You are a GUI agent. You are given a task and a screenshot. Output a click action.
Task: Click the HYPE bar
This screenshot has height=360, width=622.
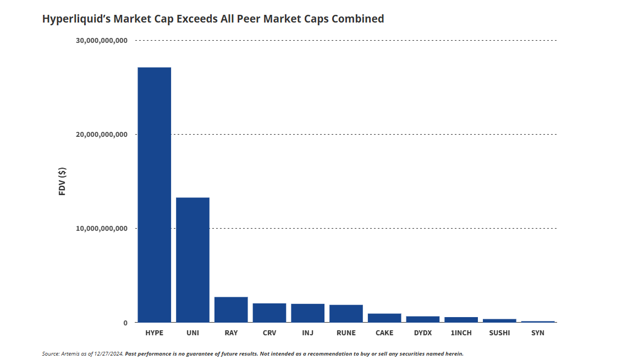click(x=154, y=195)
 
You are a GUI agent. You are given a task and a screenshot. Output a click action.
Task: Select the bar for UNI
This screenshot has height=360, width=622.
click(x=192, y=259)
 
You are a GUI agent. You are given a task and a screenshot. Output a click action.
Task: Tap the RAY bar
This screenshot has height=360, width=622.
click(x=231, y=309)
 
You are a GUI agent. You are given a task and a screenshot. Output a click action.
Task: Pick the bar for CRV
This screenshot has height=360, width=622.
click(x=269, y=313)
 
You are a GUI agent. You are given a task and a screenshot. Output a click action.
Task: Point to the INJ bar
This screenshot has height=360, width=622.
click(x=307, y=313)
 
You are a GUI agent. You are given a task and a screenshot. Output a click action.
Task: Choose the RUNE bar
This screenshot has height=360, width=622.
click(x=346, y=313)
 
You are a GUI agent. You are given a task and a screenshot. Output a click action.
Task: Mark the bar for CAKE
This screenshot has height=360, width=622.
click(x=384, y=318)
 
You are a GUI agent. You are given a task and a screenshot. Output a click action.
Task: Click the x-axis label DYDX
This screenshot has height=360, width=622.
click(x=423, y=333)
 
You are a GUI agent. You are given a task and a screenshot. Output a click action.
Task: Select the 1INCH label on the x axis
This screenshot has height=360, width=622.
click(x=461, y=333)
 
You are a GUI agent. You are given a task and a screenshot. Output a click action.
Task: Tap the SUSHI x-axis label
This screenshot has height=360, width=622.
click(x=499, y=333)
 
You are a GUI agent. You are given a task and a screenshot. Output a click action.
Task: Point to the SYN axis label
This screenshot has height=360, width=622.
click(x=538, y=333)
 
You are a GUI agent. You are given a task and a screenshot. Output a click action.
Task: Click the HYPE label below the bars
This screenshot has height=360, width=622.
click(x=154, y=333)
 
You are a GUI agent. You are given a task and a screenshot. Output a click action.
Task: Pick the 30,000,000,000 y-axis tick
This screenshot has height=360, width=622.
click(x=102, y=41)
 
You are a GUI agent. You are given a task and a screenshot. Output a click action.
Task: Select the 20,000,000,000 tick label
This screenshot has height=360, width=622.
click(x=102, y=135)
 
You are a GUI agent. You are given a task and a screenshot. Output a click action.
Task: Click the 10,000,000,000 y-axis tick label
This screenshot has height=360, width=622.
click(x=102, y=229)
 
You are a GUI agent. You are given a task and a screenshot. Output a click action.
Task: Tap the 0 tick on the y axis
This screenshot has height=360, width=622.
click(x=125, y=323)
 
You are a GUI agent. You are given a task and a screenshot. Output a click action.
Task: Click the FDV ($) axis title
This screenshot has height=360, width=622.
click(x=62, y=181)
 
